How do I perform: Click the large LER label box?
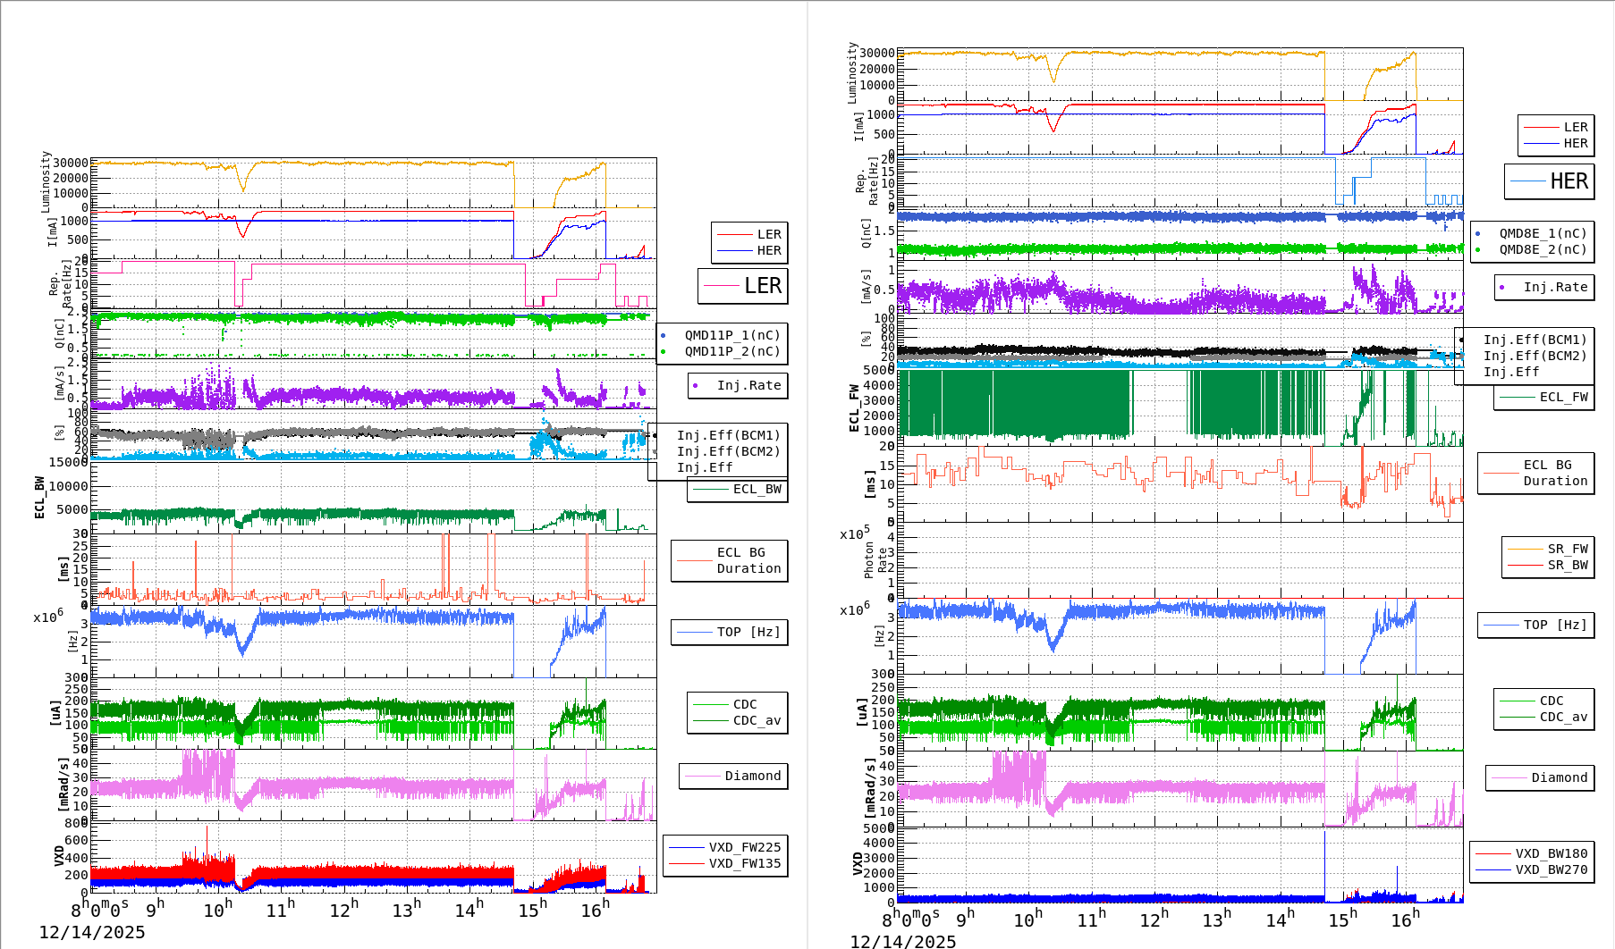coord(743,286)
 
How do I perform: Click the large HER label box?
coord(1549,181)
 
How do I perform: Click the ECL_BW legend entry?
coord(738,489)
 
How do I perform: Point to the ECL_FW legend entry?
coord(1544,397)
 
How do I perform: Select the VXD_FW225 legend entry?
coord(725,847)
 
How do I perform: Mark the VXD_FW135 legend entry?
coord(725,863)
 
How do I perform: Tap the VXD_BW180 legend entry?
coord(1532,853)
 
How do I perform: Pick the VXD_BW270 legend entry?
coord(1532,869)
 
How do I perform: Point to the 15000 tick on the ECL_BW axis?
coord(69,462)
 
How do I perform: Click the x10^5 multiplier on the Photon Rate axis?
coord(855,533)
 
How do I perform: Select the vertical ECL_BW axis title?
coord(39,497)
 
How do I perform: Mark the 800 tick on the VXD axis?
coord(76,822)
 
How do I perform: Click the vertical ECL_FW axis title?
coord(853,408)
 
